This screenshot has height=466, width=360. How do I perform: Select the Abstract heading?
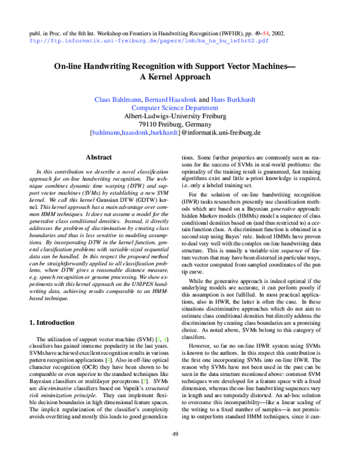click(99, 157)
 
